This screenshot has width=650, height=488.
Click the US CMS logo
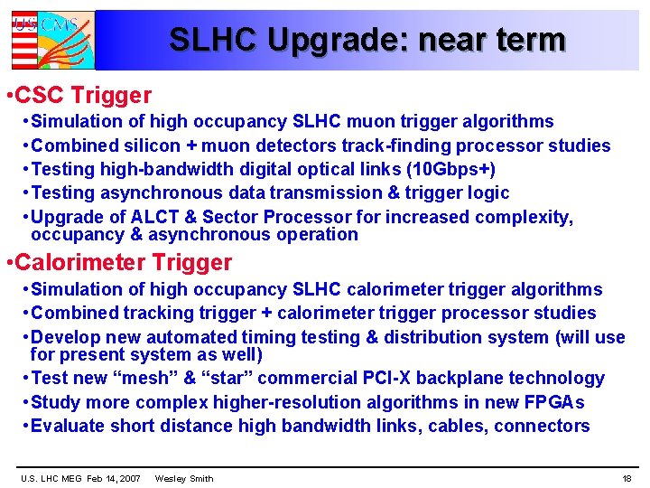click(x=51, y=41)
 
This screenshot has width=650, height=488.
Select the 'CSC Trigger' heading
click(x=83, y=95)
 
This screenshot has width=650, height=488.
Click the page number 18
click(x=627, y=478)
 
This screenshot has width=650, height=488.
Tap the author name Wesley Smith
click(x=184, y=478)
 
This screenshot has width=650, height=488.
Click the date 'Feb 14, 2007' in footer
click(x=113, y=478)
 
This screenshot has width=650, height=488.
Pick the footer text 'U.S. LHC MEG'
click(x=51, y=478)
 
